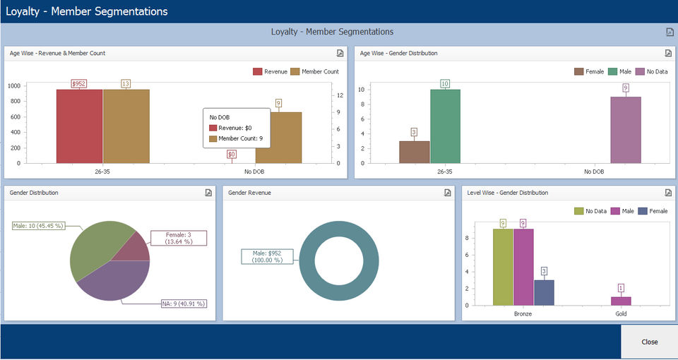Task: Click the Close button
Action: (x=649, y=342)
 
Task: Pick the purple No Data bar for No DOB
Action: (x=626, y=130)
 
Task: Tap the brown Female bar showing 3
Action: (x=414, y=152)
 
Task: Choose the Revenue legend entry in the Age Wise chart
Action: (x=270, y=71)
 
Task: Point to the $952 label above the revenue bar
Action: (x=79, y=84)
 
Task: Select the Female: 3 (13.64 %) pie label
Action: (x=179, y=238)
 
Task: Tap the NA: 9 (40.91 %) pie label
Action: (x=183, y=304)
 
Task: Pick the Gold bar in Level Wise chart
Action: (x=621, y=301)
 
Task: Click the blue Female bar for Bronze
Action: (x=544, y=292)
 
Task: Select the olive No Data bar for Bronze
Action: (x=503, y=267)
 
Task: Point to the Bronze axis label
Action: (x=523, y=313)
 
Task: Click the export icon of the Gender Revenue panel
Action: (x=447, y=193)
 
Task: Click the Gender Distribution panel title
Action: (x=34, y=193)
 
